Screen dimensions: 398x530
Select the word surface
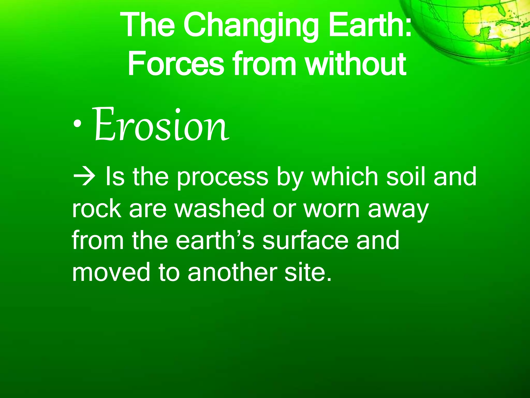pyautogui.click(x=305, y=240)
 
